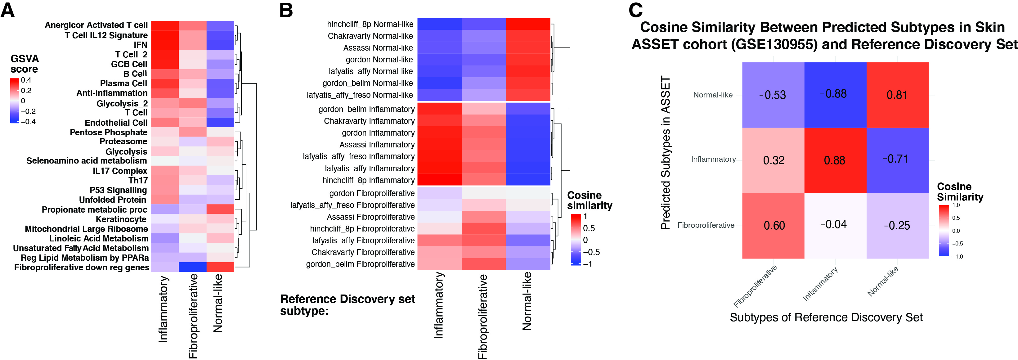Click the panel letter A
coord(7,10)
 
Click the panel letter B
coord(286,10)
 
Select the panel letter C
coord(635,10)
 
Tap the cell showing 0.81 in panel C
coord(897,95)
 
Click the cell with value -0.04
coord(835,225)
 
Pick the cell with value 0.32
coord(774,160)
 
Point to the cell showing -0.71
coord(897,159)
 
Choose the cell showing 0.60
coord(774,225)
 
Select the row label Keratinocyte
coord(121,219)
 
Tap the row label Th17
coord(138,181)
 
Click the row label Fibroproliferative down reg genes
coord(82,268)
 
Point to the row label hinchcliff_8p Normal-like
coord(370,24)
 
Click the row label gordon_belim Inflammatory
coord(366,109)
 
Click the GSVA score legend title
coord(24,64)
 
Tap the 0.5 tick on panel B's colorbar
coord(589,228)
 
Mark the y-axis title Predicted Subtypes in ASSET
coord(666,153)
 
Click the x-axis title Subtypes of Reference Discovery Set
coord(826,317)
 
